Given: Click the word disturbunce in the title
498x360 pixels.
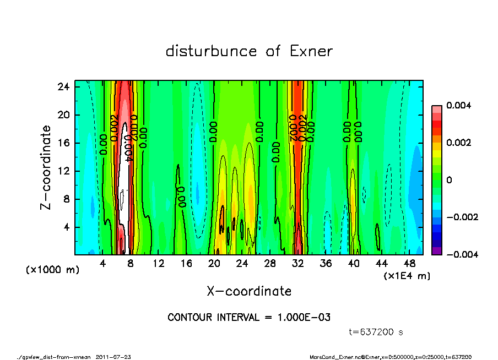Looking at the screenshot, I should click(212, 52).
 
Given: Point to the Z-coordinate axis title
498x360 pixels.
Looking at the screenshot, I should click(46, 167).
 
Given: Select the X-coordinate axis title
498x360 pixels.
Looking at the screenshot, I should click(249, 291).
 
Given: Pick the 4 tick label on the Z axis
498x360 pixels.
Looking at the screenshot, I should click(66, 227).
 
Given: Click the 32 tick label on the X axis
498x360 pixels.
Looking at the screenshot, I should click(298, 264).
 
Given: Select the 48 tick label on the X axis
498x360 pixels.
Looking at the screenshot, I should click(410, 264).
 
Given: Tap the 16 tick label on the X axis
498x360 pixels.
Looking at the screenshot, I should click(186, 264).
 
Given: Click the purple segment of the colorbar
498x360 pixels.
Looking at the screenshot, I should click(436, 251).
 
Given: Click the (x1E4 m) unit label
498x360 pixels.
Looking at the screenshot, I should click(407, 275).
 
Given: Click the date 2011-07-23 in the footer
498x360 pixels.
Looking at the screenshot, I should click(113, 357).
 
